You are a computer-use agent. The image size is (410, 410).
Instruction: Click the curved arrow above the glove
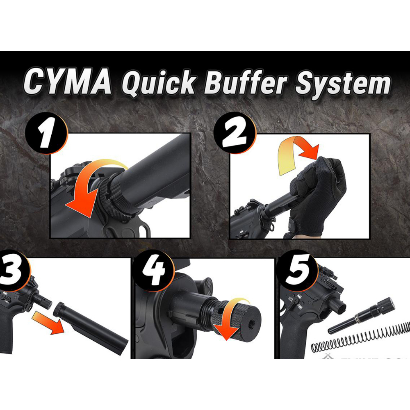(x=297, y=154)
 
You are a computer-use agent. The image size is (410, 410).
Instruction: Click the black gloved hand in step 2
(x=318, y=193)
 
